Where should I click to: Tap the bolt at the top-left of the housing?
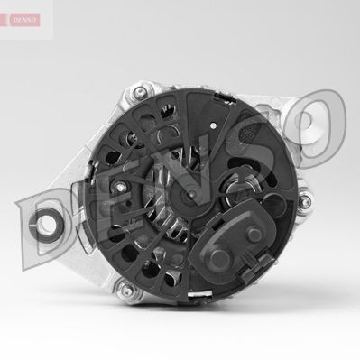pos(139,92)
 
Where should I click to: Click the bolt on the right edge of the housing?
pos(304,200)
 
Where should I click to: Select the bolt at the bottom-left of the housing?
pos(127,289)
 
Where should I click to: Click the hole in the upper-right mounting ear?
pos(310,123)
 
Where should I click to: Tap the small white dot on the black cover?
pos(214,125)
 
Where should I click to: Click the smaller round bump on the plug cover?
pos(254,234)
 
